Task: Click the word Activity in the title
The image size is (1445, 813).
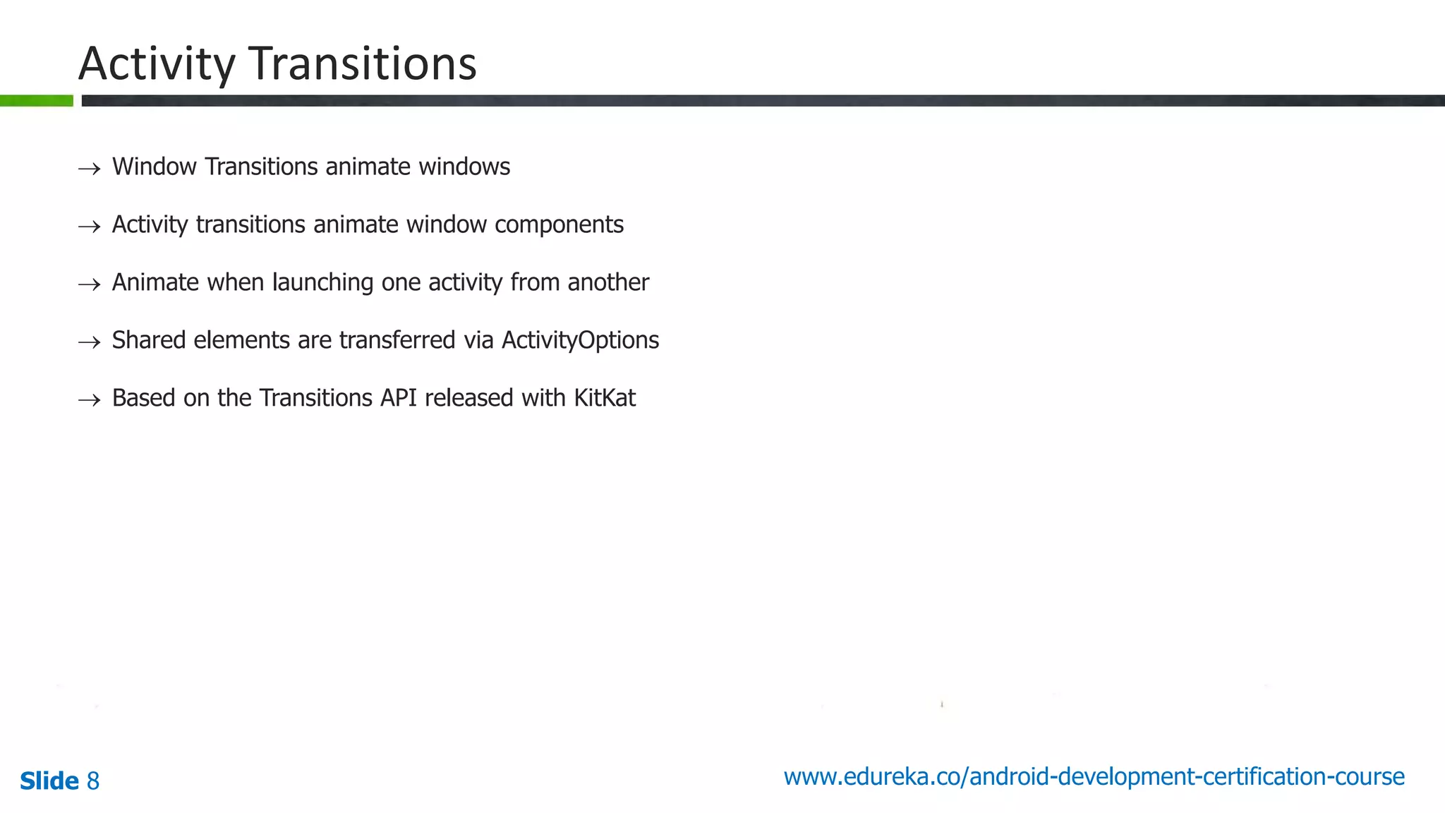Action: point(157,65)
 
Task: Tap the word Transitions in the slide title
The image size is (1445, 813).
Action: point(363,64)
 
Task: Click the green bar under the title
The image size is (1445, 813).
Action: point(36,101)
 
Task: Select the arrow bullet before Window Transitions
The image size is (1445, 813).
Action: point(89,169)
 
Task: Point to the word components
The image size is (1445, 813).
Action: point(559,225)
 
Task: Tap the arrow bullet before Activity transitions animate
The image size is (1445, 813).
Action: point(89,227)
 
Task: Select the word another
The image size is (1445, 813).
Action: point(607,282)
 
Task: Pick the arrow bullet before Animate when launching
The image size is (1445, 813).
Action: point(89,284)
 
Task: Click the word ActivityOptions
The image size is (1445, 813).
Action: point(580,341)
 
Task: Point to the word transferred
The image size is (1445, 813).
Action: point(397,340)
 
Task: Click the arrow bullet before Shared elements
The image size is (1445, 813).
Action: point(89,342)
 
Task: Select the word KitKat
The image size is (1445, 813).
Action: point(605,398)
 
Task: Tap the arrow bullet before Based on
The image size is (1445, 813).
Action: point(89,400)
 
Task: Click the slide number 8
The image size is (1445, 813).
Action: point(93,781)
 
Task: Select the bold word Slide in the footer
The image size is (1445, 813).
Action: point(49,781)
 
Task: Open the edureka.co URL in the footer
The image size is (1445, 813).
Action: point(1094,777)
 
